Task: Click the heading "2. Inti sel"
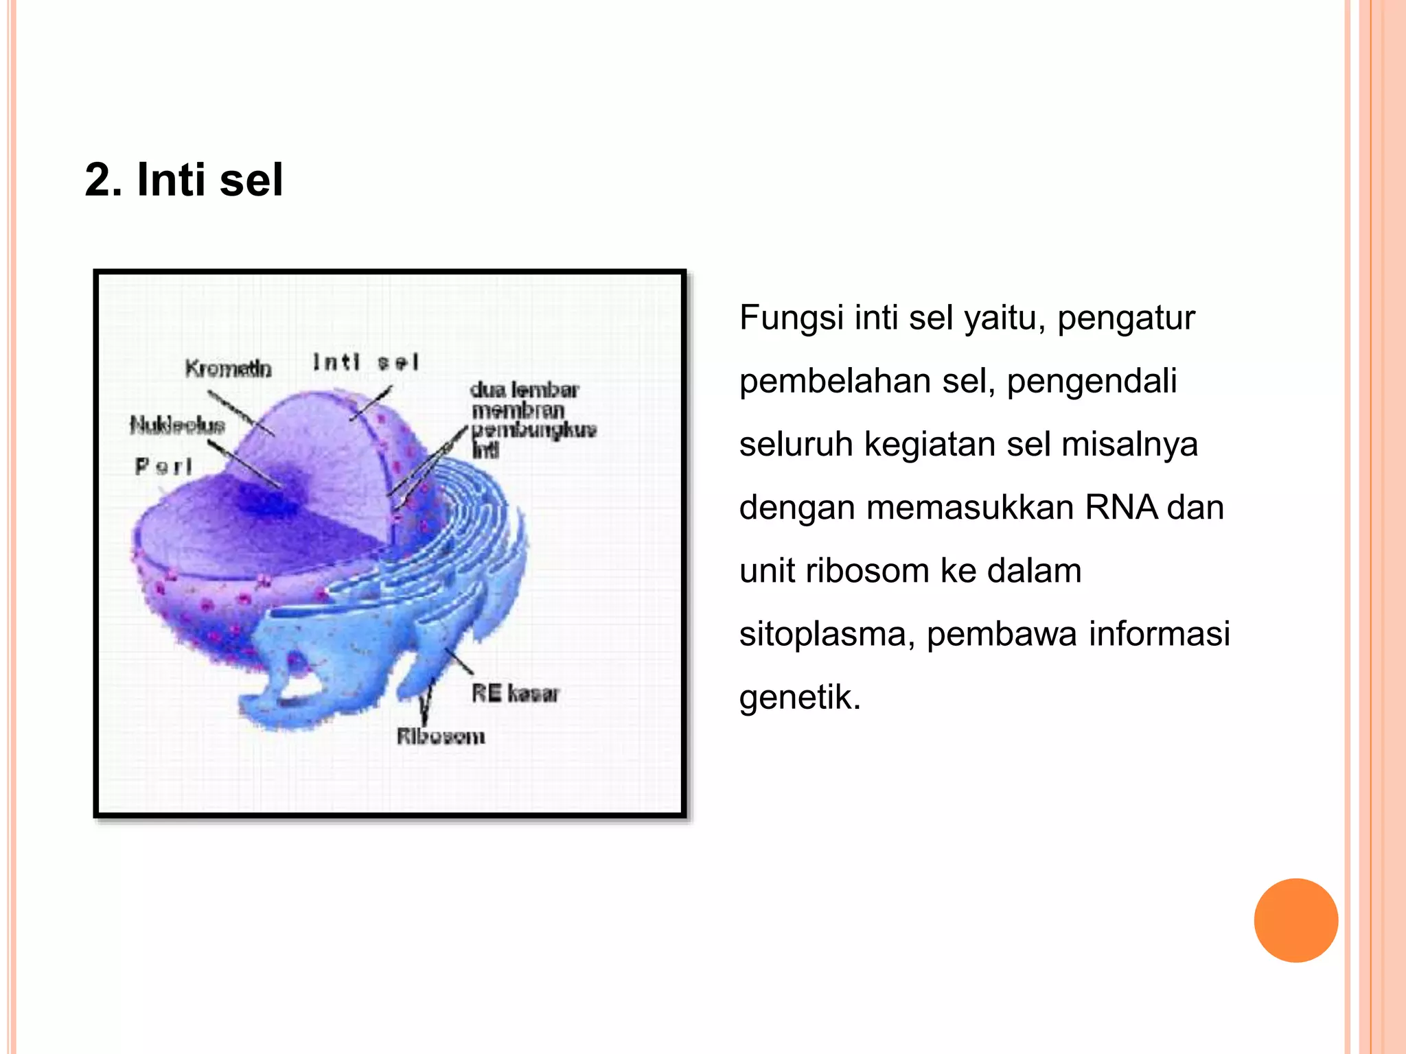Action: click(x=184, y=180)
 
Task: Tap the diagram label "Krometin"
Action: click(x=228, y=369)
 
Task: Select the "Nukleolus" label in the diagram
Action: click(x=178, y=425)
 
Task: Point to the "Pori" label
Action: click(x=163, y=467)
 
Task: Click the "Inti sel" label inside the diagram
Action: click(x=365, y=362)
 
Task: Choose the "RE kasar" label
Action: click(x=515, y=693)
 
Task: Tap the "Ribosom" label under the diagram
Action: click(x=441, y=737)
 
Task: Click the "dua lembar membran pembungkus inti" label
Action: click(x=533, y=420)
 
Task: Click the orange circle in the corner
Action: click(x=1295, y=920)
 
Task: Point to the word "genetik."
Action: click(x=800, y=698)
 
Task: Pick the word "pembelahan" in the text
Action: click(x=835, y=382)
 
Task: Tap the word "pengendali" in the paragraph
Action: click(x=1092, y=382)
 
